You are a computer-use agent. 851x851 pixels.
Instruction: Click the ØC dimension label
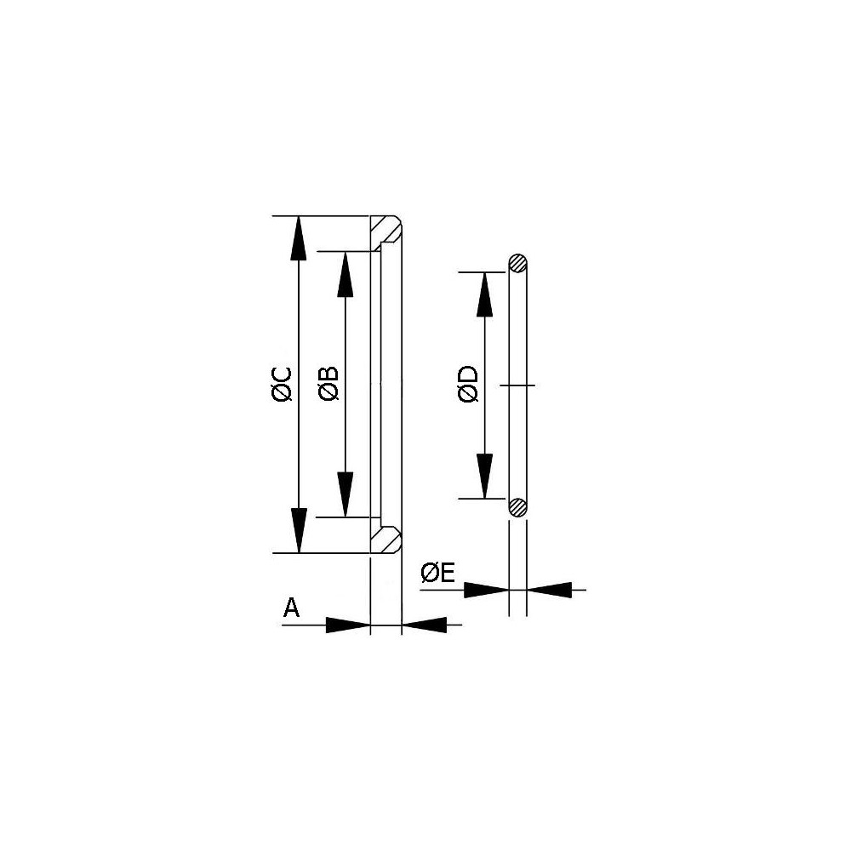click(x=283, y=385)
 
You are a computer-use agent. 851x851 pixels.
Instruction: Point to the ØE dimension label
click(x=438, y=573)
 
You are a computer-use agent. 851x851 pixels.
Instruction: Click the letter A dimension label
click(x=291, y=608)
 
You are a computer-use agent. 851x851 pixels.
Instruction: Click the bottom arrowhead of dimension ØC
click(x=299, y=531)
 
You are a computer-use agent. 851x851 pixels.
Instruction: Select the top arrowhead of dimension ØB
click(x=346, y=274)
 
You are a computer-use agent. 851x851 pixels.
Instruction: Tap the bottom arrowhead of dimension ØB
click(x=346, y=494)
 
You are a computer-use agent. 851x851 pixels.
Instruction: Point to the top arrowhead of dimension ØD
click(x=484, y=294)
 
